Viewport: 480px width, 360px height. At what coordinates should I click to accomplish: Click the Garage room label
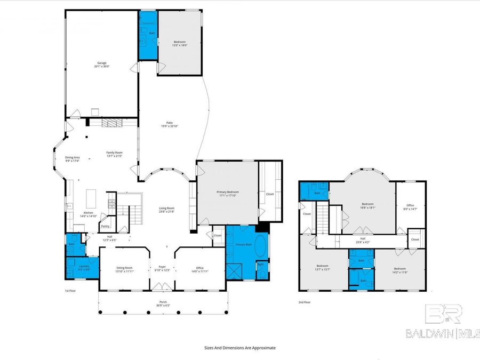point(101,65)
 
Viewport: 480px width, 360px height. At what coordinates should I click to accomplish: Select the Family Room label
point(114,154)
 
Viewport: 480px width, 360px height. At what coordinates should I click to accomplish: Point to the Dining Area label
point(72,159)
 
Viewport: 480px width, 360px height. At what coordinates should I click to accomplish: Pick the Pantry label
point(105,226)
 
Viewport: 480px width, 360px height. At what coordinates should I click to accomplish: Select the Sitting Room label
point(124,269)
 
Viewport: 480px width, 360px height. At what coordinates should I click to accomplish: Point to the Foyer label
point(162,269)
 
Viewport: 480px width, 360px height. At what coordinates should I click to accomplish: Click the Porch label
point(163,303)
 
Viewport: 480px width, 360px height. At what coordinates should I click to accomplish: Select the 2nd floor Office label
point(410,206)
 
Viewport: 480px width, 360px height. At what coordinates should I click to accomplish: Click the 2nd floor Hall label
point(363,240)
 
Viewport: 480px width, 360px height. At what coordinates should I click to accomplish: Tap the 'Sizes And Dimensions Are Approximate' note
point(239,348)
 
